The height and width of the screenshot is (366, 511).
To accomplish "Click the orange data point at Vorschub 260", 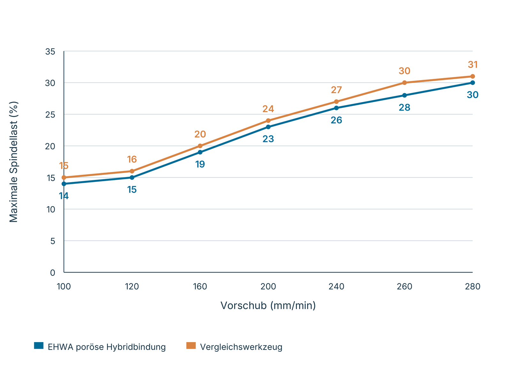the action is (404, 83).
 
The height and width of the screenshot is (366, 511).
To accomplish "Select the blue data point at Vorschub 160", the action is (200, 152).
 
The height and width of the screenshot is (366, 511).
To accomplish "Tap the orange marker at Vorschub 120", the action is (132, 171).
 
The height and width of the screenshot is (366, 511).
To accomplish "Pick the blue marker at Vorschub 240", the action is (336, 108).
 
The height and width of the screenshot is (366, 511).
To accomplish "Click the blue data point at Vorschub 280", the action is (473, 83).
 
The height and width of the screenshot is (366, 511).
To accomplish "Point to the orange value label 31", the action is (473, 65).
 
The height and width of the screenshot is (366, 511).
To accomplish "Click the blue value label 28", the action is (404, 108).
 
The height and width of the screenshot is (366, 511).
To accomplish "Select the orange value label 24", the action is (268, 109).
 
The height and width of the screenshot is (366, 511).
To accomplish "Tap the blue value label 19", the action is (200, 164).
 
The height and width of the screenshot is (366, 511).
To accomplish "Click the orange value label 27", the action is (336, 90).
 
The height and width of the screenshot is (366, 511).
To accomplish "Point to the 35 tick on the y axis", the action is (50, 52).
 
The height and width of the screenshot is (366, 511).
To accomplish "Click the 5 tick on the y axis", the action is (53, 241).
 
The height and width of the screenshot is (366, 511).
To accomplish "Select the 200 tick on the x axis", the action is (268, 287).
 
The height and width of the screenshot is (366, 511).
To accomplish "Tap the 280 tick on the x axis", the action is (473, 287).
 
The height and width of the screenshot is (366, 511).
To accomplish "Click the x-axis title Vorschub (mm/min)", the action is (268, 306).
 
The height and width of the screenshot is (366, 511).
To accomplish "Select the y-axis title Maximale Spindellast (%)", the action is (13, 162).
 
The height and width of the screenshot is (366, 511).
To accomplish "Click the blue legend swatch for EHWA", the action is (39, 346).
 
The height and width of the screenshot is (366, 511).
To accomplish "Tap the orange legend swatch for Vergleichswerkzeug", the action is (191, 346).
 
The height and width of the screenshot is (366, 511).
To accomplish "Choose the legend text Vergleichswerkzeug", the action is (241, 347).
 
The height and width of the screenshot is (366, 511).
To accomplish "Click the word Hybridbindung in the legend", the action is (136, 347).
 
